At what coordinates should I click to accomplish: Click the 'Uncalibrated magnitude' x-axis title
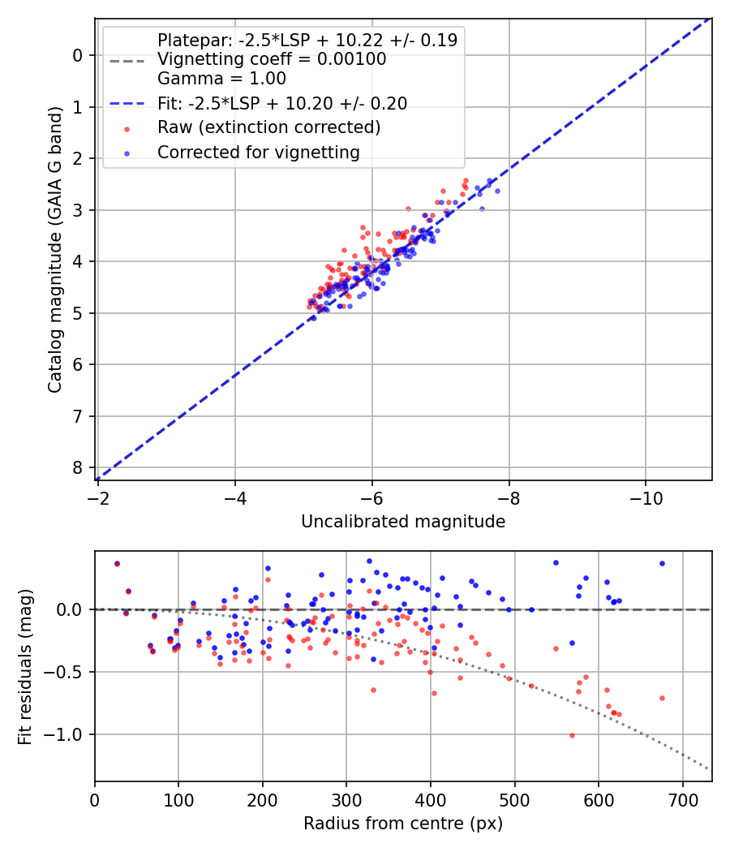403,522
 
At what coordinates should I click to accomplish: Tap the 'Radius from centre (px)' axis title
403,824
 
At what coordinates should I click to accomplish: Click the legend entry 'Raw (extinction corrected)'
268,127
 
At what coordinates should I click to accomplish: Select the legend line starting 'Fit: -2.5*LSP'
281,103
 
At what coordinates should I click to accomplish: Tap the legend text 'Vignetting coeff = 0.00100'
272,59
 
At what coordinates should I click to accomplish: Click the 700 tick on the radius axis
682,796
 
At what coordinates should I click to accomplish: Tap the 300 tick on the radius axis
346,796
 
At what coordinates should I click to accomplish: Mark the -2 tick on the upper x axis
98,494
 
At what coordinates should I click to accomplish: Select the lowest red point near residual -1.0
572,735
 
